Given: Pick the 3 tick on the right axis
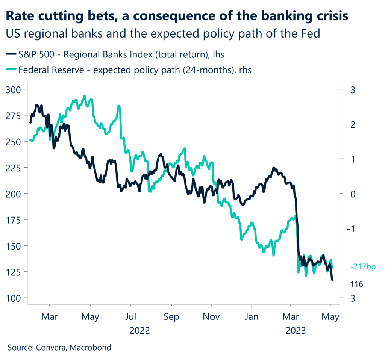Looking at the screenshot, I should (352, 89).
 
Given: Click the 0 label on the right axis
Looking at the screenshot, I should (352, 194).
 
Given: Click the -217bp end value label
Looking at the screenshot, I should (363, 267).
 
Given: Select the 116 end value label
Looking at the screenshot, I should (356, 284).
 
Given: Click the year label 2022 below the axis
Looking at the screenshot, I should (139, 331).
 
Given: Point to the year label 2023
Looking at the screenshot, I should (296, 331).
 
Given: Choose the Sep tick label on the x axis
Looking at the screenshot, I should (171, 317).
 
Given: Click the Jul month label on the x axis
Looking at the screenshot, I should (130, 317).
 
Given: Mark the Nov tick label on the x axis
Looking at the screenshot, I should (211, 317).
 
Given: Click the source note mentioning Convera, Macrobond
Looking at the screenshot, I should (59, 348).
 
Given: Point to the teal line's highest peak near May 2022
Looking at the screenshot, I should (85, 96).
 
